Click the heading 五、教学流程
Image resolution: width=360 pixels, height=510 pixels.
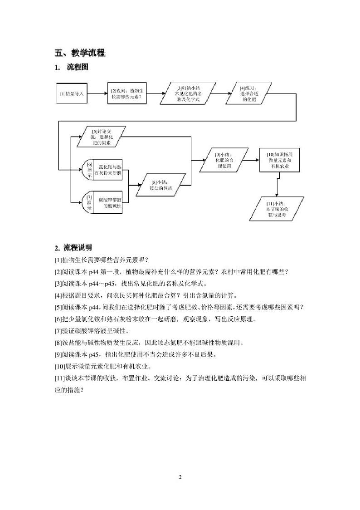[x=80, y=53]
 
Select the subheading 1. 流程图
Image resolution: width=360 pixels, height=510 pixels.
[x=71, y=68]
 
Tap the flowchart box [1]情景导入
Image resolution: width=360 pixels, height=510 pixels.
[x=72, y=94]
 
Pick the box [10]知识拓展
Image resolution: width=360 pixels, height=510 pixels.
[x=277, y=160]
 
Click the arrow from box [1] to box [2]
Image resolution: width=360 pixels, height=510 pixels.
[x=97, y=94]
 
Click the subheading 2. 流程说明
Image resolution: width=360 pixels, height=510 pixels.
[x=73, y=248]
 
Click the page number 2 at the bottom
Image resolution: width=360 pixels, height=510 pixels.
[x=180, y=477]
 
